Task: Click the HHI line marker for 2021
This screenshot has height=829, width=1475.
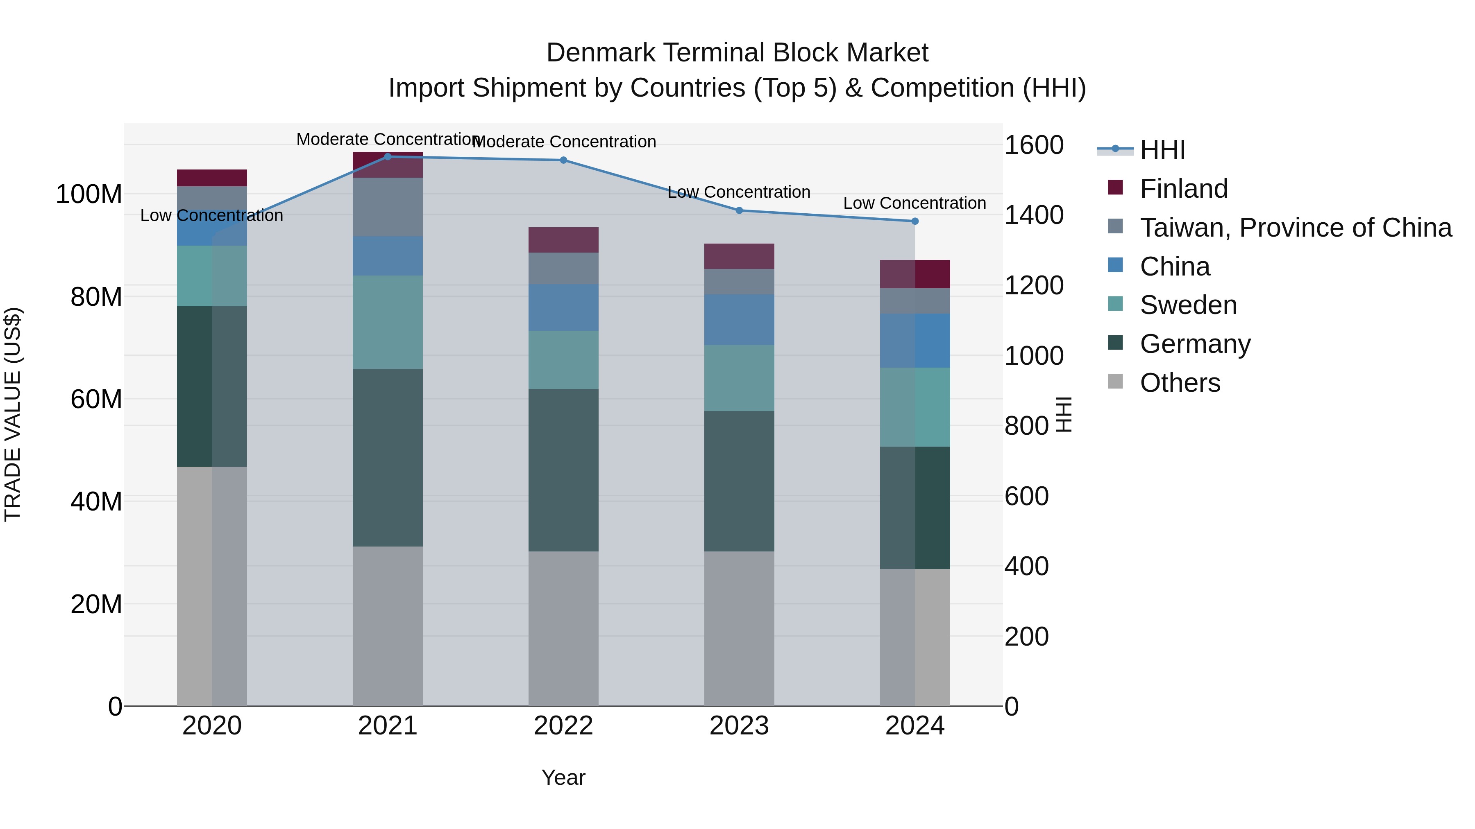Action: click(388, 156)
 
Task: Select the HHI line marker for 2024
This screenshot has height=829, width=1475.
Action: click(914, 221)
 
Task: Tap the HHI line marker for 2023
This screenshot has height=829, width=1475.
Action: click(739, 210)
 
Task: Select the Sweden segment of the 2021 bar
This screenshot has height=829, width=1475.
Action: click(388, 322)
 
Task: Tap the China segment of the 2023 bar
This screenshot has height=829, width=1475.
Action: click(739, 319)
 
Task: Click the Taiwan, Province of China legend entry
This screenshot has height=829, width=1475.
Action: click(1295, 228)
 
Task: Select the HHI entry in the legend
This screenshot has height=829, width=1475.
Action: click(1162, 150)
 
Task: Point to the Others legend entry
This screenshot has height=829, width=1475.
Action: click(1180, 383)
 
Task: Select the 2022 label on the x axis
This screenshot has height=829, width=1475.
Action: click(563, 726)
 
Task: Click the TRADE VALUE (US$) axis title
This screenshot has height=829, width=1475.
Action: click(13, 414)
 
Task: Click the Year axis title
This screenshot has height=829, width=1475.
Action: click(563, 777)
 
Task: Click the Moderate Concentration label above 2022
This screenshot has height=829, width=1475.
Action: click(564, 141)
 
